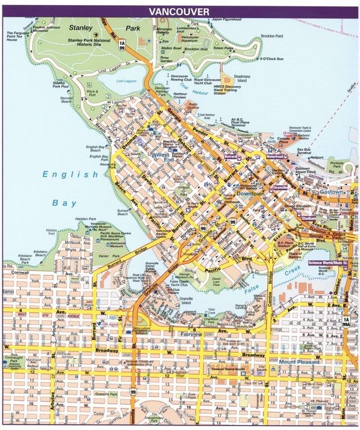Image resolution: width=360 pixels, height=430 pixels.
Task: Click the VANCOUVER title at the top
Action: pos(179,11)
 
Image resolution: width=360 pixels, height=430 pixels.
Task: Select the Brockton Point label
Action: pos(272,36)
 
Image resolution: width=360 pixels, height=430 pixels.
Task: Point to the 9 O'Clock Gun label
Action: pos(273,58)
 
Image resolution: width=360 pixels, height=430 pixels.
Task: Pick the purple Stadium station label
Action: pos(308,218)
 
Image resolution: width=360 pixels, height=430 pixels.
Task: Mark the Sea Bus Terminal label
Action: pos(304,151)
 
